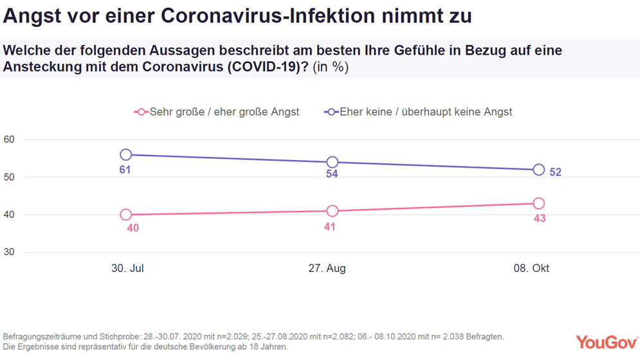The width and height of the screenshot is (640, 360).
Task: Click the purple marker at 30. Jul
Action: pyautogui.click(x=126, y=154)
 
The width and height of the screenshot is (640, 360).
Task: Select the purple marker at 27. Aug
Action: pyautogui.click(x=332, y=162)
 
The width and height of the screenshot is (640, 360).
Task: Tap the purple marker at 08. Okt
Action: pyautogui.click(x=538, y=170)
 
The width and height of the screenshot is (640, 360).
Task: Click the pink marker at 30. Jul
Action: pyautogui.click(x=126, y=215)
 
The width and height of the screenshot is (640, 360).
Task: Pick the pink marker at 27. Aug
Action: pyautogui.click(x=332, y=211)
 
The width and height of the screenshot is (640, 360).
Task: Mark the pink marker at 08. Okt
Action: pyautogui.click(x=538, y=203)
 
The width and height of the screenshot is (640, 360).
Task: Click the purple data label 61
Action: pyautogui.click(x=126, y=170)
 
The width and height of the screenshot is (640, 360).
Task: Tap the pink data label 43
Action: pyautogui.click(x=538, y=219)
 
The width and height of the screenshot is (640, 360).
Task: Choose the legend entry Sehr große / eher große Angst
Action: pyautogui.click(x=217, y=112)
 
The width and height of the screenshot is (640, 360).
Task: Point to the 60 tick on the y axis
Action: pyautogui.click(x=10, y=139)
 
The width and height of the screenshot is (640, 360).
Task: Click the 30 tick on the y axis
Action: pyautogui.click(x=10, y=252)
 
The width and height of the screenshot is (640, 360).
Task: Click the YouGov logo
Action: pyautogui.click(x=603, y=341)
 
